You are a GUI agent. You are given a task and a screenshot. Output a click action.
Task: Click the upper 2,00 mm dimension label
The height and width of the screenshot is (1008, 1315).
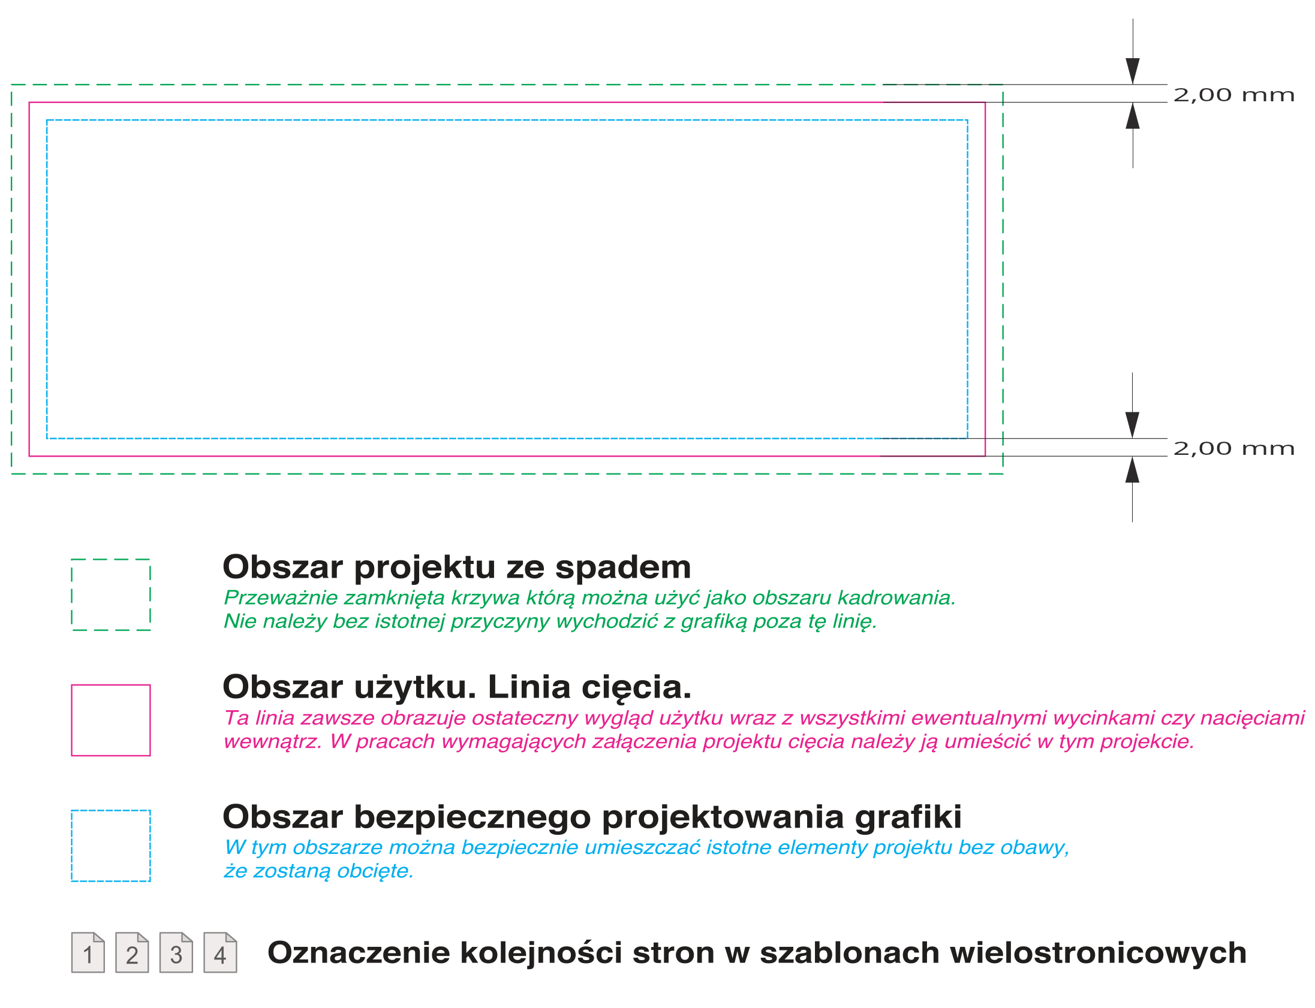point(1233,95)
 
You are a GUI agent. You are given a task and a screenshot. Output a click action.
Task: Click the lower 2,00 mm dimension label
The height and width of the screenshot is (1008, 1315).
point(1233,448)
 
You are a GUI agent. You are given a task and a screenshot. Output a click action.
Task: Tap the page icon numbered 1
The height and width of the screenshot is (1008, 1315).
point(88,952)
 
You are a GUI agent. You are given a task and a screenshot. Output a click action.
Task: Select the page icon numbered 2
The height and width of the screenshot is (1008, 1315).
point(132,952)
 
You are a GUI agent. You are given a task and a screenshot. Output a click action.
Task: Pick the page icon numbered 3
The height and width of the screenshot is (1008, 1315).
point(176,952)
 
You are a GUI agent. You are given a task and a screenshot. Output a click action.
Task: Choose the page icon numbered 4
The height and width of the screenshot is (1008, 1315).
point(220,952)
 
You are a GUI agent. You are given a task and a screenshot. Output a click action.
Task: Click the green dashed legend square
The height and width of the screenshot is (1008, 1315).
point(111,594)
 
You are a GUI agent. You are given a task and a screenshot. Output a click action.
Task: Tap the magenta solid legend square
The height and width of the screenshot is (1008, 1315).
point(111,720)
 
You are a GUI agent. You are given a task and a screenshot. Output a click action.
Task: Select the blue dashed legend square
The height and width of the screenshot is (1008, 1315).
point(111,846)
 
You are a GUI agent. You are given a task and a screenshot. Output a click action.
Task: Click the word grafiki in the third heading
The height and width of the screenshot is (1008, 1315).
point(908,818)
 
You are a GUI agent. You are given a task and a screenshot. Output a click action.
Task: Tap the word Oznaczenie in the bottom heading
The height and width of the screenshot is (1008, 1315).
point(359,953)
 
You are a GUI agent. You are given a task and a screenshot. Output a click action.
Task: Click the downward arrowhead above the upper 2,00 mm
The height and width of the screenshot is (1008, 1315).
point(1133,71)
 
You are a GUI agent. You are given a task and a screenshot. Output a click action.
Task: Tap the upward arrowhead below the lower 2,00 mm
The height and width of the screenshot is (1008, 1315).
point(1132,470)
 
